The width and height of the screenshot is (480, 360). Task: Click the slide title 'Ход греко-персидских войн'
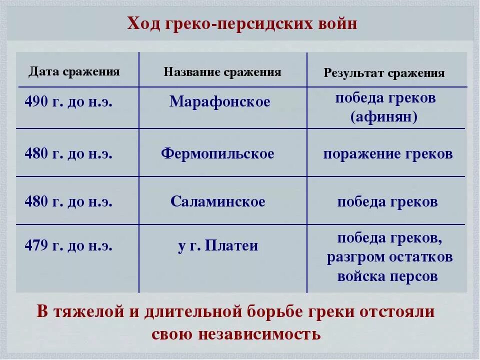[x=242, y=24]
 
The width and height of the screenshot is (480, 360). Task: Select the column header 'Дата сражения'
[x=74, y=71]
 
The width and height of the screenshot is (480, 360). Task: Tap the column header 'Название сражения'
[x=222, y=72]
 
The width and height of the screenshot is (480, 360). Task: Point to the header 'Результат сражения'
[x=384, y=73]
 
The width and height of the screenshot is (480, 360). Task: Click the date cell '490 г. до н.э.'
[x=68, y=102]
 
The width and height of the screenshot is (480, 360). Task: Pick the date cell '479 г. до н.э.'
[x=68, y=246]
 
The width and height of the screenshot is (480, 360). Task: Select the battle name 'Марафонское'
[x=219, y=102]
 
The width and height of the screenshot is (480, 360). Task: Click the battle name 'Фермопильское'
[x=217, y=153]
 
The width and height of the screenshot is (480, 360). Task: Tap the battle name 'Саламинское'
[x=217, y=202]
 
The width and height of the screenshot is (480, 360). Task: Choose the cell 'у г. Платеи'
[x=218, y=246]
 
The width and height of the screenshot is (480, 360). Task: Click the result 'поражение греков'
[x=388, y=153]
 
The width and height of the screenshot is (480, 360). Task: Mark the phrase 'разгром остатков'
[x=390, y=257]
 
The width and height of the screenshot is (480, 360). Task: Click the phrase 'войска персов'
[x=387, y=276]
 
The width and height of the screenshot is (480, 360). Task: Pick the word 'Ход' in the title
[x=144, y=24]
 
